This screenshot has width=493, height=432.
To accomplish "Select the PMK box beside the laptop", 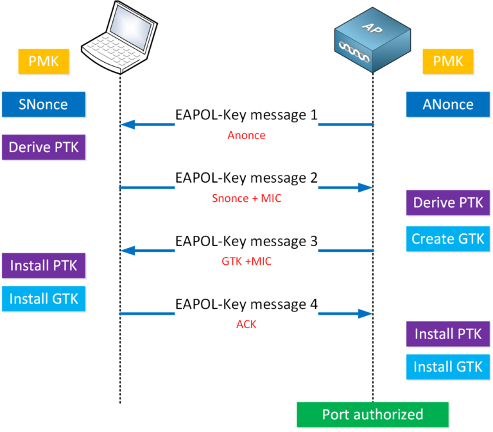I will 43,62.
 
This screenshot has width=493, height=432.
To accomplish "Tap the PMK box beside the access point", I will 448,62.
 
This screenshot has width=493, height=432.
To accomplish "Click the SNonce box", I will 43,104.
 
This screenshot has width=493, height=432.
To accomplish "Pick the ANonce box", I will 448,104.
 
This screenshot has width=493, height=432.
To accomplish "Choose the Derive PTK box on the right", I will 448,203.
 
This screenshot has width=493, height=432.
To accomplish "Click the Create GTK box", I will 448,239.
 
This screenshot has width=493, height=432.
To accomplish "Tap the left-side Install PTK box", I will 43,264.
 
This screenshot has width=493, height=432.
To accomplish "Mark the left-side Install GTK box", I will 43,298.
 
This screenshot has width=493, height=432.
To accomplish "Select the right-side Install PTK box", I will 448,334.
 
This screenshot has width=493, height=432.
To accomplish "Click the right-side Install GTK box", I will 448,367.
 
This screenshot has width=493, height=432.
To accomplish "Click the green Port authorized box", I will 372,414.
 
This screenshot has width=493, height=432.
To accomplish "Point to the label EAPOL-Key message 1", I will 246,115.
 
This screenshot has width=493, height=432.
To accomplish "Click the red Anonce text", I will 246,136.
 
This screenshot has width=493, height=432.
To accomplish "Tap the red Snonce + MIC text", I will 246,199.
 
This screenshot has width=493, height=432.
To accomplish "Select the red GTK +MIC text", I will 246,262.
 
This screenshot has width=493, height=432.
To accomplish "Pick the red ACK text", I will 246,324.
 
